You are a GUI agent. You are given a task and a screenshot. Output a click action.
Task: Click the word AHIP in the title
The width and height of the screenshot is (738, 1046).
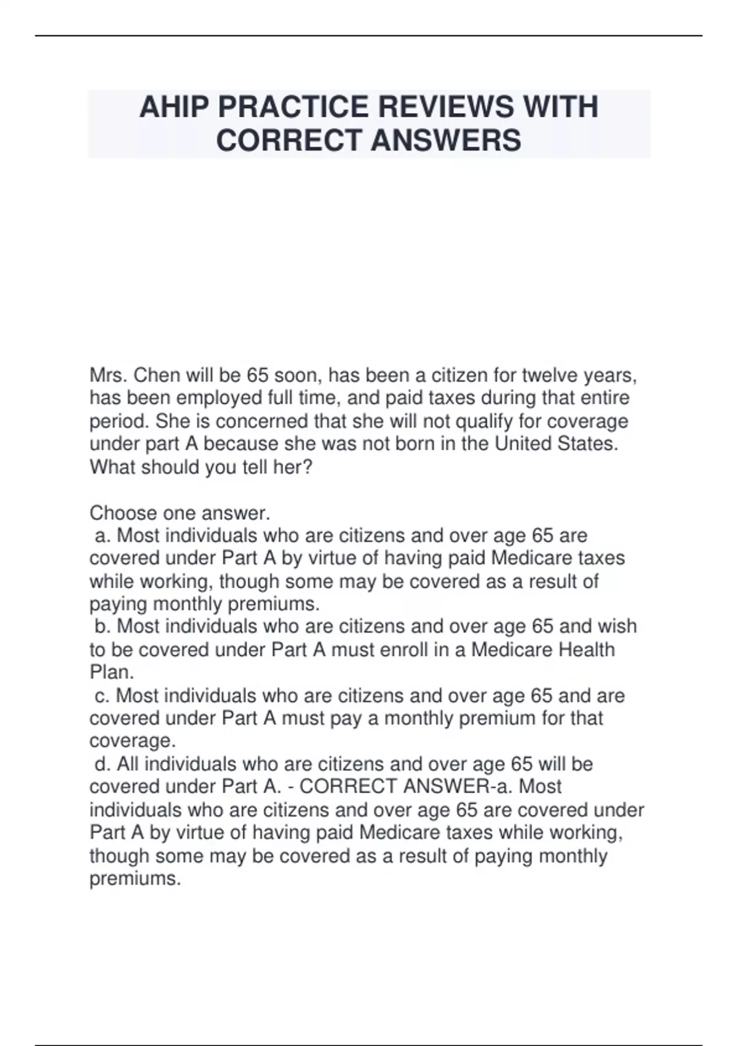point(174,108)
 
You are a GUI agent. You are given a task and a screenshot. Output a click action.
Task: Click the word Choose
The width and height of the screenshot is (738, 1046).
point(122,513)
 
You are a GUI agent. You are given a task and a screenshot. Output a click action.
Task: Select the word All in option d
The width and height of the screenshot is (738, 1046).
point(127,765)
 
